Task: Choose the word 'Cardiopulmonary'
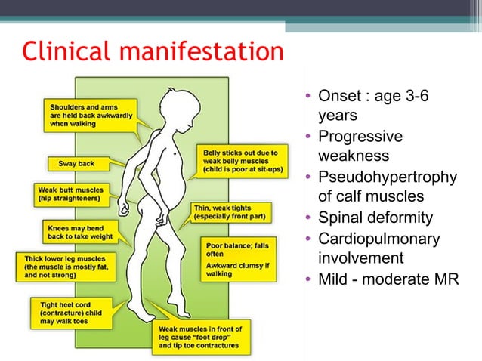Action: [379, 239]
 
